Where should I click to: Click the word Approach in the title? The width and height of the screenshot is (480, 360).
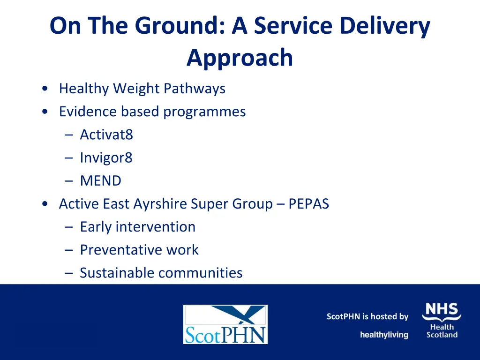click(x=240, y=59)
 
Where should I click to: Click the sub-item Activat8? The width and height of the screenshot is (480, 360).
click(x=106, y=135)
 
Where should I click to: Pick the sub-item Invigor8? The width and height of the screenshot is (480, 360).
click(x=106, y=158)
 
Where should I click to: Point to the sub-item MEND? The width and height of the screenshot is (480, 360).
click(x=100, y=181)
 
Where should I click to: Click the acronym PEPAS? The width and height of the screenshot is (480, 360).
click(x=309, y=204)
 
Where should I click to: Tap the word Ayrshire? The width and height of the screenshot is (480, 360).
click(x=160, y=204)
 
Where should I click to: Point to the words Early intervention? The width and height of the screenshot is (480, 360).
click(x=137, y=227)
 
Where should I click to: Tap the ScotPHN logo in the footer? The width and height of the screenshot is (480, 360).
click(x=225, y=324)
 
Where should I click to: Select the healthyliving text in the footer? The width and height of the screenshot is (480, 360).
click(x=384, y=335)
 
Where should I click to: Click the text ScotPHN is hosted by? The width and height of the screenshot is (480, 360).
click(x=367, y=317)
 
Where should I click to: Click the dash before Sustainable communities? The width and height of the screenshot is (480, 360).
click(x=69, y=273)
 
